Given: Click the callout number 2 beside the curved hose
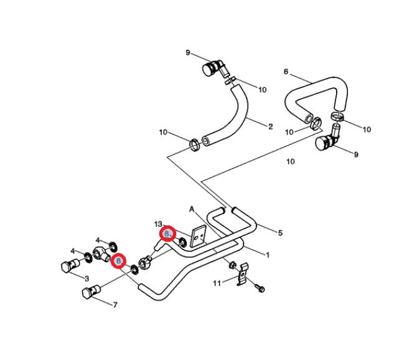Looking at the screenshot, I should [x=271, y=126].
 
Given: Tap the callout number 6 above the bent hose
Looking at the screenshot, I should [x=286, y=72].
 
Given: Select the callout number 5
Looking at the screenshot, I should [x=280, y=233].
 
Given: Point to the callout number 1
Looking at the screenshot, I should [x=267, y=254].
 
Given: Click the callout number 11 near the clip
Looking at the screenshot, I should [x=217, y=283].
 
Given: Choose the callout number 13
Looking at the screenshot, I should [x=158, y=224].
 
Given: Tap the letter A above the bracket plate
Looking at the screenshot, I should [x=192, y=210].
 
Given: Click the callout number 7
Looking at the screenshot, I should [x=115, y=305].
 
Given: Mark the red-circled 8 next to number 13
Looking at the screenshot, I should [x=167, y=234].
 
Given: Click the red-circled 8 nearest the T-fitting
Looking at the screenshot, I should [x=118, y=260].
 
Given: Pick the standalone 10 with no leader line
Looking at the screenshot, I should [x=290, y=161].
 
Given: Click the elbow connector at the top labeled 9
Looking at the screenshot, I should [x=212, y=67].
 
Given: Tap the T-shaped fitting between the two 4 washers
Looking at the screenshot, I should [x=101, y=253].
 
